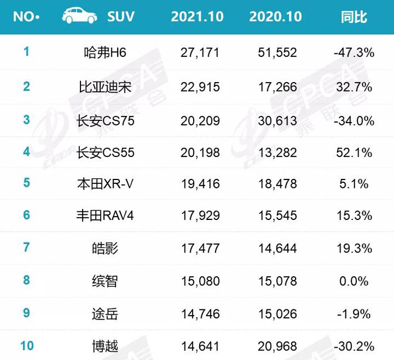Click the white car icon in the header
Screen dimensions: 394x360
(79, 16)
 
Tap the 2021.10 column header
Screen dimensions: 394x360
(197, 16)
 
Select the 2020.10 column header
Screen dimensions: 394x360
(275, 16)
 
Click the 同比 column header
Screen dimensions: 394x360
(354, 17)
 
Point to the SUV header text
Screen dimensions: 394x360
(121, 16)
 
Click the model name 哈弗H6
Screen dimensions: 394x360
(105, 53)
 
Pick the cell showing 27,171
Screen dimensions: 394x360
(200, 53)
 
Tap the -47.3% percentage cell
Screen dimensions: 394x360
(354, 53)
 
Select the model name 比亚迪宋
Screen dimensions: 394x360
(105, 87)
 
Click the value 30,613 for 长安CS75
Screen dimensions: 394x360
(277, 121)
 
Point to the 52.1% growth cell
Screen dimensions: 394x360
(354, 152)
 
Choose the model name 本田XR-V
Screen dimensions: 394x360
(105, 184)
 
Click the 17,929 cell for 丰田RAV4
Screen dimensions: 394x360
(200, 215)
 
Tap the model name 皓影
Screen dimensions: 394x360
(105, 248)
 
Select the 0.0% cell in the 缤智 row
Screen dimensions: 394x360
(354, 281)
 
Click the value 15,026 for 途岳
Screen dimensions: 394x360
(277, 314)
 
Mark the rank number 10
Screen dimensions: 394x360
(27, 346)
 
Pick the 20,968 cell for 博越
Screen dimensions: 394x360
(277, 346)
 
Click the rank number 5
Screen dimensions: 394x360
(26, 182)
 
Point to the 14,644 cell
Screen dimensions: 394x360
(277, 248)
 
